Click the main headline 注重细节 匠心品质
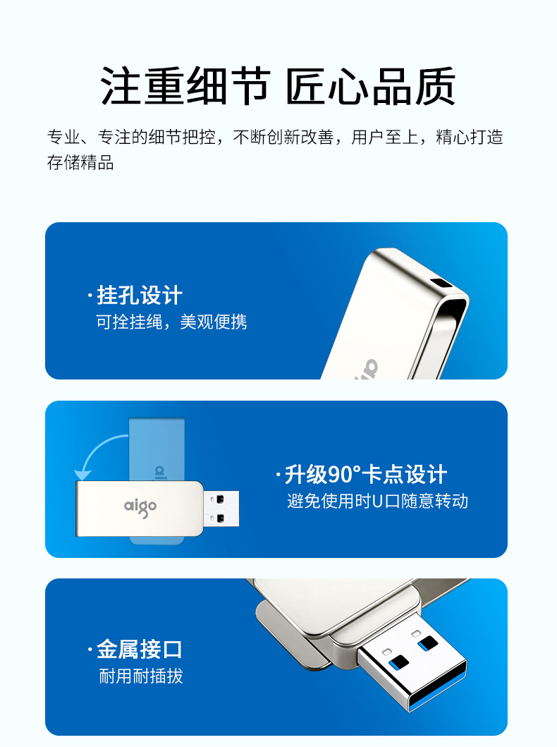point(278,86)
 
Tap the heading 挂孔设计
point(140,295)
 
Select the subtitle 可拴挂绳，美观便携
point(171,322)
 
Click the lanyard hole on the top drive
point(442,282)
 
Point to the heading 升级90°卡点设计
point(366,474)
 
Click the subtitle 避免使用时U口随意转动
point(377,502)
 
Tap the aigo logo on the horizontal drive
point(140,507)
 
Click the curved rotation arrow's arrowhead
point(82,475)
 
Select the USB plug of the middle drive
point(221,509)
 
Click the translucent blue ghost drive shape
point(157,449)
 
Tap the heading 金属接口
point(140,650)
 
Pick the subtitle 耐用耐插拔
point(141,676)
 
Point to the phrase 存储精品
point(80,162)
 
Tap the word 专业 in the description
point(63,138)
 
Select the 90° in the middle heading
point(344,474)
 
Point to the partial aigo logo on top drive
point(367,370)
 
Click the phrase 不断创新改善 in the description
point(283,138)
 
